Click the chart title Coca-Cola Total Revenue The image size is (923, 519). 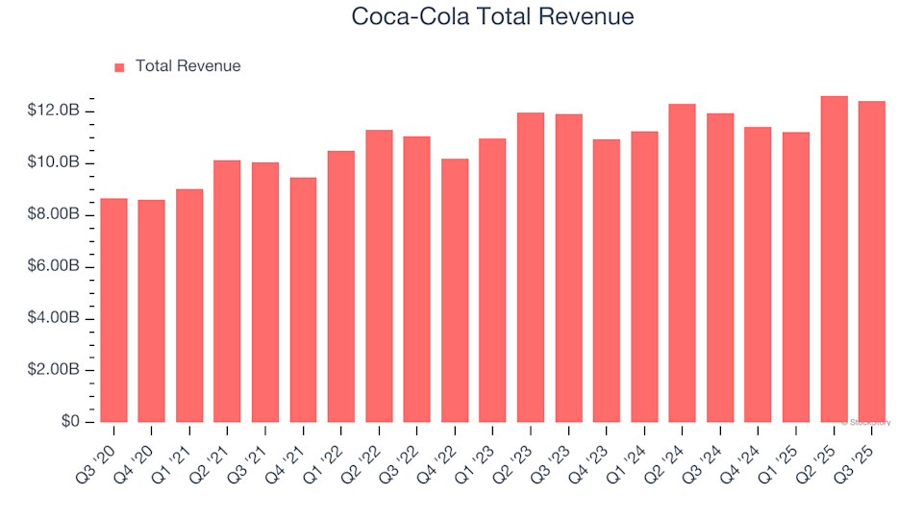492,16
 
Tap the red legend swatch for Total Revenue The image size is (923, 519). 119,67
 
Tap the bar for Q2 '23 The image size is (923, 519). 531,268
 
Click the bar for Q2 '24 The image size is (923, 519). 683,263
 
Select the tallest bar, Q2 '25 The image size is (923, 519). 834,259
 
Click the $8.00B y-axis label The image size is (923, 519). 56,215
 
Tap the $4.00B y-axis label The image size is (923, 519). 56,319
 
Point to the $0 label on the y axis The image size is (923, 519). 70,423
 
